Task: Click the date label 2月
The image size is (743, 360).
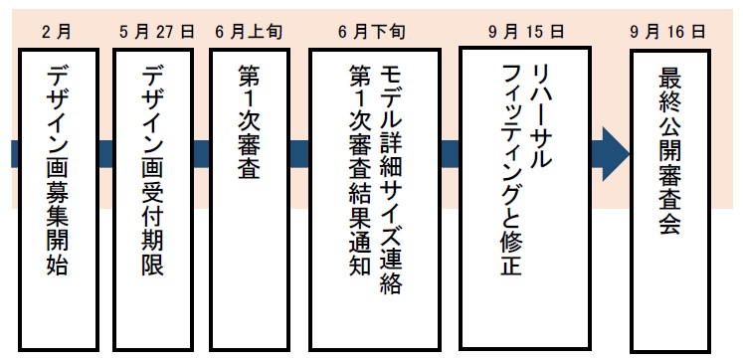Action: [59, 31]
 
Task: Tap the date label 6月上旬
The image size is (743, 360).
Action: [248, 31]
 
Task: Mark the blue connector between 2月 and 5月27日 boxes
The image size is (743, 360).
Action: [106, 153]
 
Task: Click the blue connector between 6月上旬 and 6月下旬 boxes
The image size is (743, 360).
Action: [296, 153]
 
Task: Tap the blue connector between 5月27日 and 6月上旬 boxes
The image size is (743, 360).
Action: [202, 153]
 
